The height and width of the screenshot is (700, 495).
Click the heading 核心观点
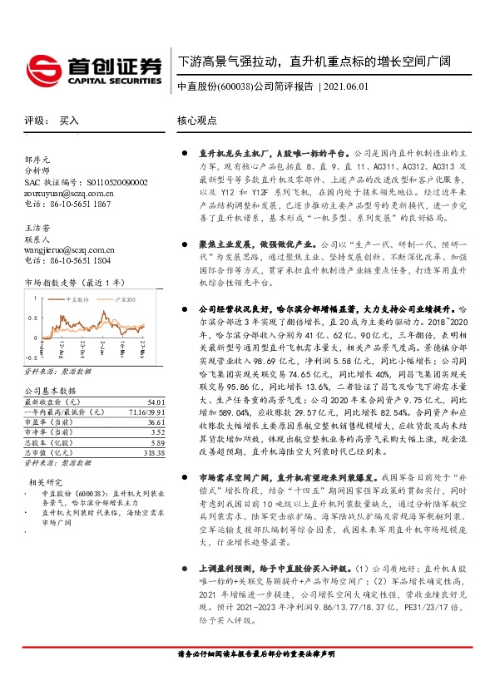[x=198, y=121]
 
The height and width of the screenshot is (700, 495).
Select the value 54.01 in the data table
[x=156, y=401]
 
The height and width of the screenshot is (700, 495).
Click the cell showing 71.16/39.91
[x=146, y=411]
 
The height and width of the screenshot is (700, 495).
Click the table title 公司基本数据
[x=50, y=389]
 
